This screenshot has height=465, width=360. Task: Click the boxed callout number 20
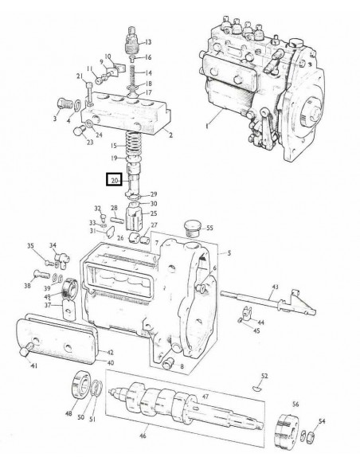[116, 182]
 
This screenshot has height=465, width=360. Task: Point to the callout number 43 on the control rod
[275, 286]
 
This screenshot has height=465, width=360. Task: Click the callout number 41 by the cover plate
[33, 366]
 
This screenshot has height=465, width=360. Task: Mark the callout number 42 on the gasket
[111, 352]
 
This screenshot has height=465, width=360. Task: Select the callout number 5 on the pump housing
[229, 254]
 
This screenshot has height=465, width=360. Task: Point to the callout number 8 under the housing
[182, 367]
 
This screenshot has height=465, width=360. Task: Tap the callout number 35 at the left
[31, 246]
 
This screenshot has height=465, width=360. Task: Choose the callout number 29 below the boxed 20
[154, 193]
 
